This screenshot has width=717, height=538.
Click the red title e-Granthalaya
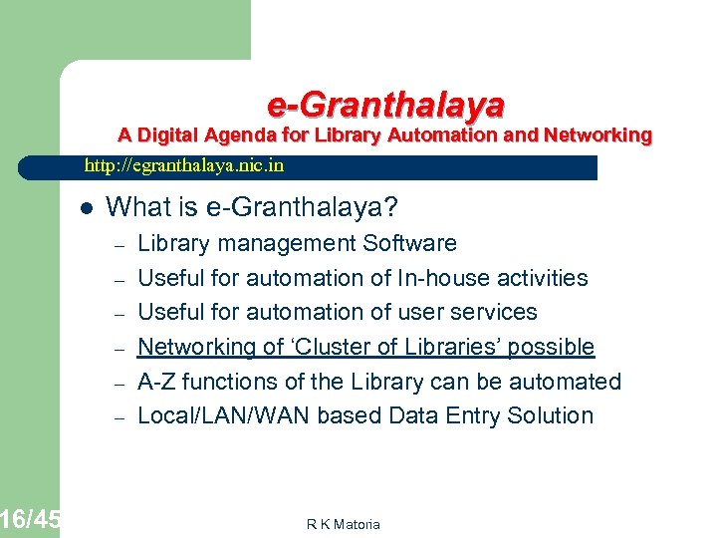pyautogui.click(x=385, y=104)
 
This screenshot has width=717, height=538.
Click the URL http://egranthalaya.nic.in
pyautogui.click(x=183, y=166)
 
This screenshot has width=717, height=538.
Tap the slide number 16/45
pyautogui.click(x=30, y=519)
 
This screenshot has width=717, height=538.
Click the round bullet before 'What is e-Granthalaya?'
pyautogui.click(x=87, y=208)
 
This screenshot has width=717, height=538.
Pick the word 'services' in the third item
pyautogui.click(x=495, y=312)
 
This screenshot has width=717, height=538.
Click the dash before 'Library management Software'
pyautogui.click(x=117, y=245)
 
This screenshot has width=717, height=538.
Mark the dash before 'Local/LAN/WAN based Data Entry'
pyautogui.click(x=117, y=417)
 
